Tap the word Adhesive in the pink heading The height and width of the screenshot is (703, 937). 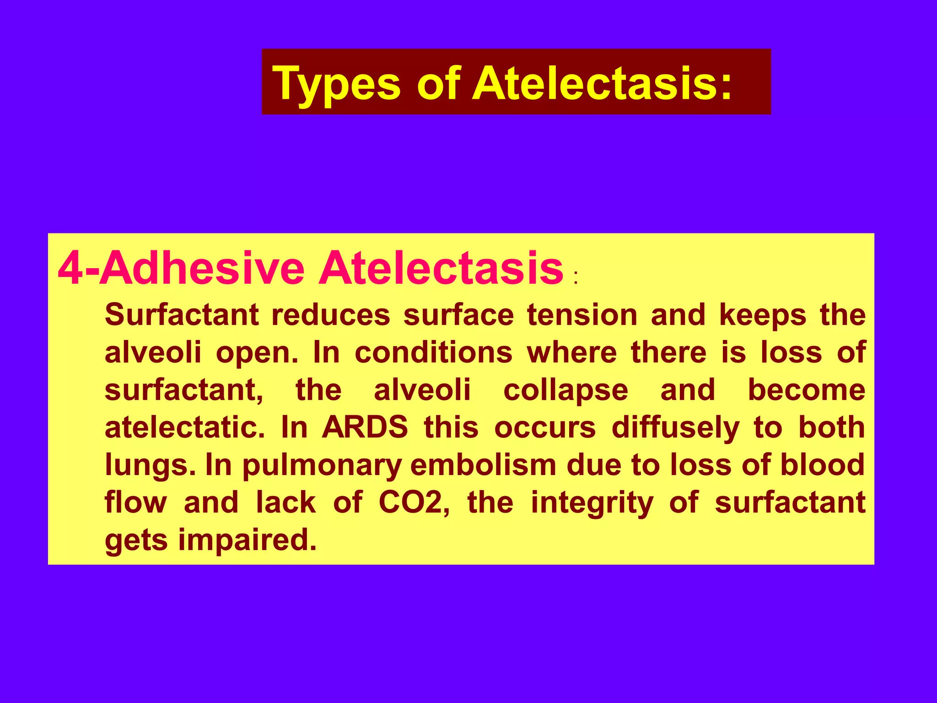coord(202,268)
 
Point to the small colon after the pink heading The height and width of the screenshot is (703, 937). coord(576,278)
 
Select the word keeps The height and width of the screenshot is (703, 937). coord(762,316)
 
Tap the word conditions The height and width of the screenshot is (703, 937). coord(433,352)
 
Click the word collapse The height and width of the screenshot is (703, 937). coord(565,390)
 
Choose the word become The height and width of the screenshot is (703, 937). coord(806,390)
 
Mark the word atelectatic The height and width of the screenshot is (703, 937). coord(184,427)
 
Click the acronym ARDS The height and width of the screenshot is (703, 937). coord(365,427)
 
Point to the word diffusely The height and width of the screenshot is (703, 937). coord(675,428)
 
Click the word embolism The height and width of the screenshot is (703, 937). coord(483,465)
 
